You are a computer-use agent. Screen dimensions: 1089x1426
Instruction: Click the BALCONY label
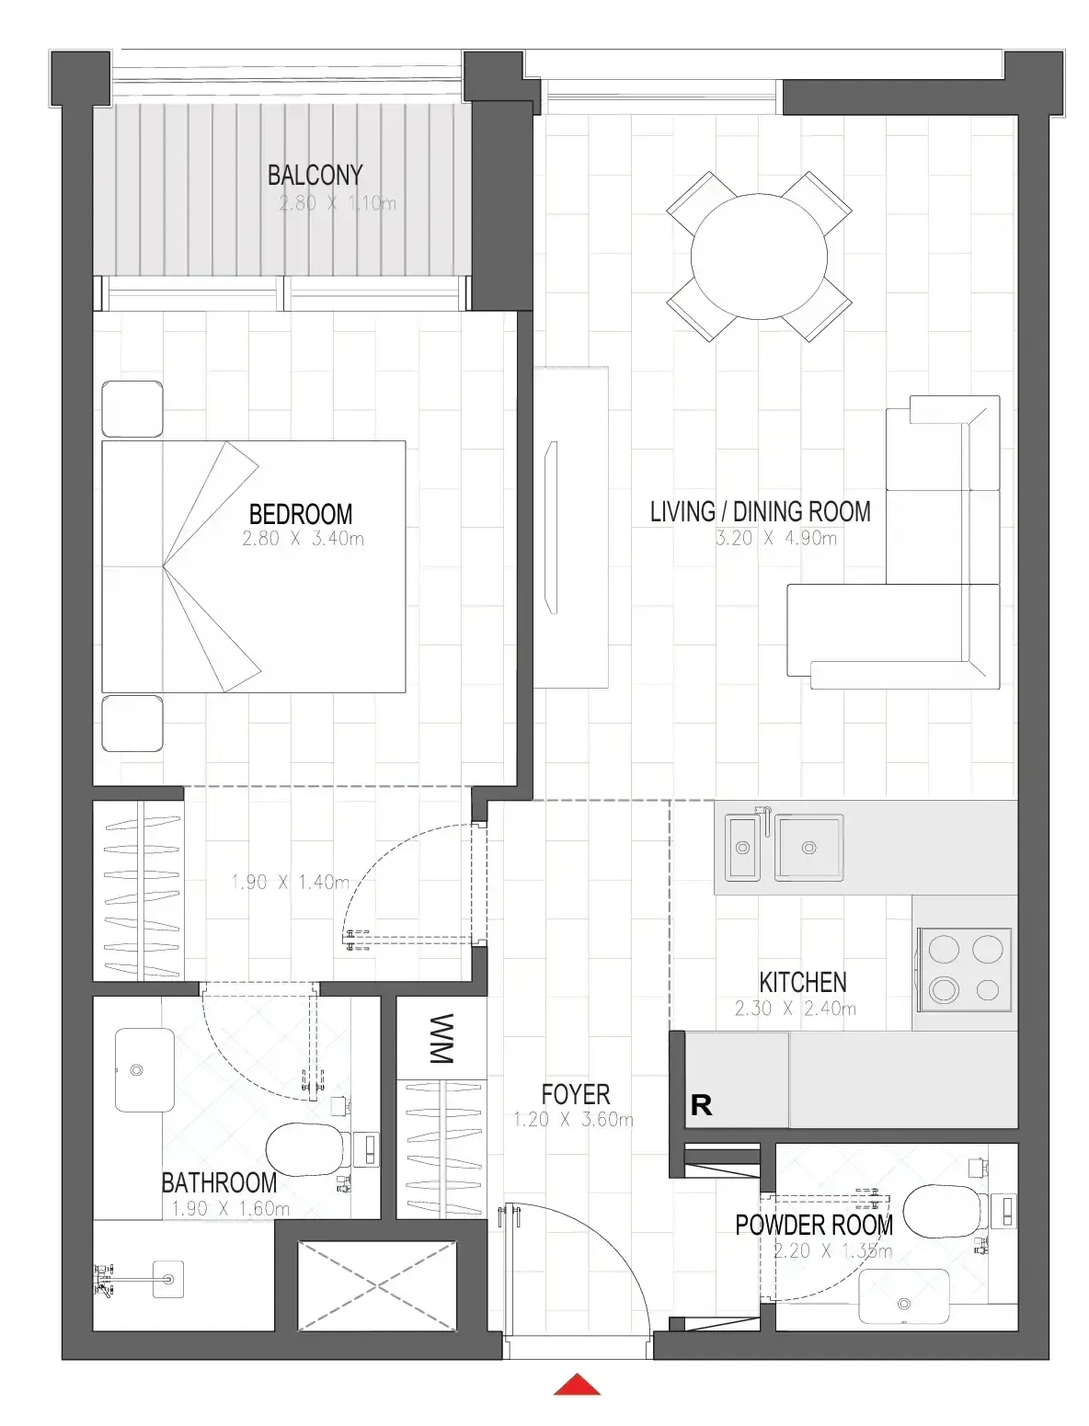click(315, 175)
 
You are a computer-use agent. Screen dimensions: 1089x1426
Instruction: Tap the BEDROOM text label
click(300, 515)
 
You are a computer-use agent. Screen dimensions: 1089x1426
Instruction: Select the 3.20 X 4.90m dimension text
click(775, 538)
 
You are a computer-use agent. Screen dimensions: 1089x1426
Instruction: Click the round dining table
click(759, 257)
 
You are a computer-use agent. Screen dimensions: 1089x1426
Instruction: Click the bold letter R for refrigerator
click(701, 1104)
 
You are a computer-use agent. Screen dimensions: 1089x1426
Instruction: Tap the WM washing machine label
click(441, 1038)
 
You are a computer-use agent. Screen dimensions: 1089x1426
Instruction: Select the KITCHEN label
click(802, 982)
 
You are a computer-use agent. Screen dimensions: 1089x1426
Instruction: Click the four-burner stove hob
click(964, 970)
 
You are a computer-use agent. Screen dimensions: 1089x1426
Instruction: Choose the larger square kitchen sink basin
click(809, 847)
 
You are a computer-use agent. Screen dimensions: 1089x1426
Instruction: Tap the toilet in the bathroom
click(309, 1149)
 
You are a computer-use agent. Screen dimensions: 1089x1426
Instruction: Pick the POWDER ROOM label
click(814, 1226)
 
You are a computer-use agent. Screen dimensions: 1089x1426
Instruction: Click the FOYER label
click(576, 1095)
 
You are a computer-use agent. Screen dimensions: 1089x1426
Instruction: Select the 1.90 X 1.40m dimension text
click(291, 882)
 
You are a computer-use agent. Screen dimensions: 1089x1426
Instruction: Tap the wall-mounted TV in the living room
click(551, 528)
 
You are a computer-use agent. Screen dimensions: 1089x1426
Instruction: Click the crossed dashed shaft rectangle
click(377, 1285)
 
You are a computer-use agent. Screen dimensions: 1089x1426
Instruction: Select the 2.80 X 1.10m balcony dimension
click(338, 203)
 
